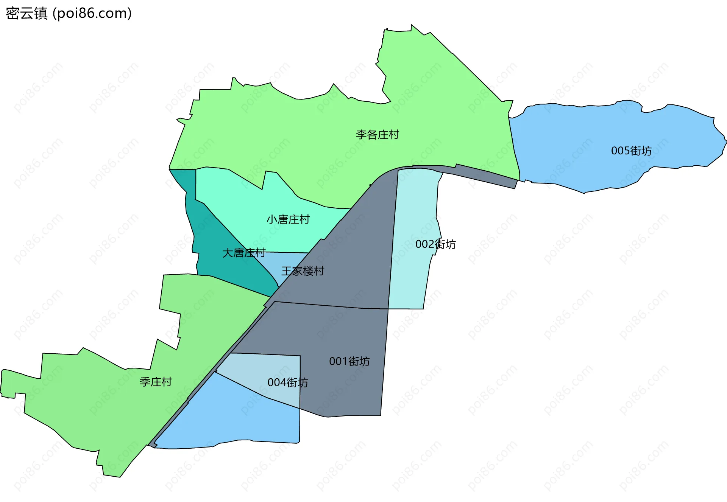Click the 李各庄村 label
377,135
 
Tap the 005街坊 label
631,151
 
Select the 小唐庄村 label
288,219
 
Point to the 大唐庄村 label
244,253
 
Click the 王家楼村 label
303,271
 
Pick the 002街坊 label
435,244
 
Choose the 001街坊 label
349,361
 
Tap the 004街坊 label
288,382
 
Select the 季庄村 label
156,382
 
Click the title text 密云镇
27,13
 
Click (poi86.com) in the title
92,13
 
